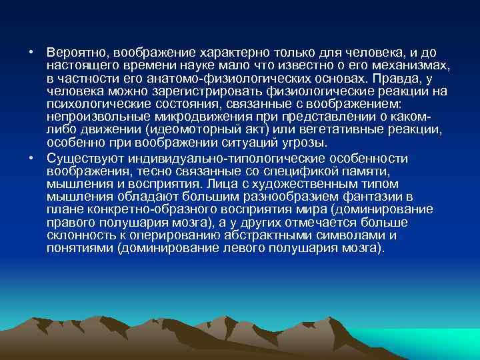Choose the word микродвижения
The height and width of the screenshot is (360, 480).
pyautogui.click(x=200, y=117)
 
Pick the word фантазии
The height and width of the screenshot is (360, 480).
pyautogui.click(x=370, y=197)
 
